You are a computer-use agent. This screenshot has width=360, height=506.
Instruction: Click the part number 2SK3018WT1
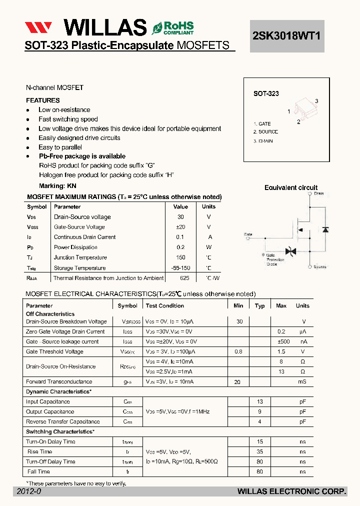pos(287,36)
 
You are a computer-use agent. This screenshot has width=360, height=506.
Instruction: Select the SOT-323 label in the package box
pos(266,93)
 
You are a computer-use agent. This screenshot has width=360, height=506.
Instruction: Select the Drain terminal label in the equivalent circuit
pos(319,193)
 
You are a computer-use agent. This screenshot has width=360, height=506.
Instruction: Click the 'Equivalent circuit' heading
pos(290,187)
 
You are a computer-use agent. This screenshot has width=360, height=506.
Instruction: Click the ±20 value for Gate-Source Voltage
pos(180,227)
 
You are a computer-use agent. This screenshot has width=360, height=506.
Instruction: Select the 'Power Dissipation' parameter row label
pos(76,247)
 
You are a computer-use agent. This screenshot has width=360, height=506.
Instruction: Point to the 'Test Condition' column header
pos(164,305)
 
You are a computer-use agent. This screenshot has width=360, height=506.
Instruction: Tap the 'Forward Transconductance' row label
pos(59,381)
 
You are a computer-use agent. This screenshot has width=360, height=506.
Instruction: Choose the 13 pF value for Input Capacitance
pos(259,401)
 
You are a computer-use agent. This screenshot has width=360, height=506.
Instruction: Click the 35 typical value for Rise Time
pos(259,451)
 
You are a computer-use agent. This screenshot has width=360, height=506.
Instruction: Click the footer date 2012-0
pos(29,492)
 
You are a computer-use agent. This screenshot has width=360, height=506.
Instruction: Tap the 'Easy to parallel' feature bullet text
pos(60,147)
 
